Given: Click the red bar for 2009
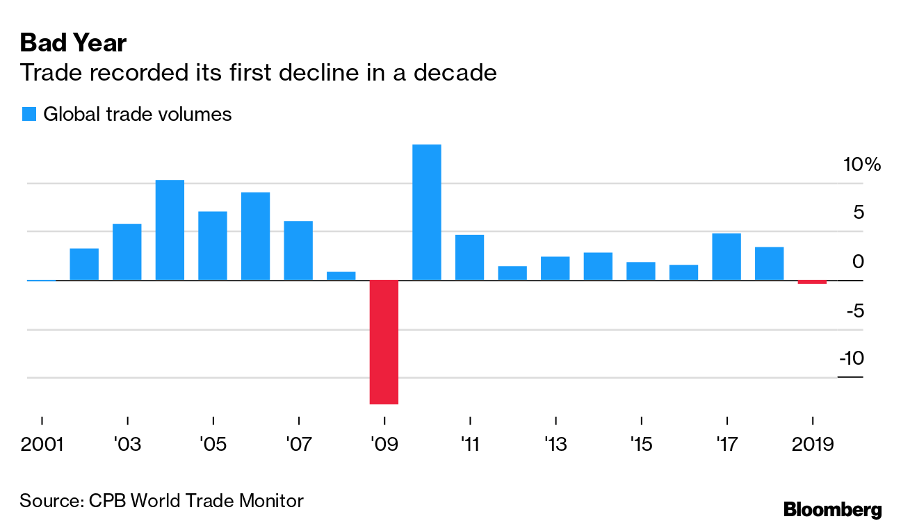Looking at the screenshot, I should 384,342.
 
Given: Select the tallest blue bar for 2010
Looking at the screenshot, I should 427,213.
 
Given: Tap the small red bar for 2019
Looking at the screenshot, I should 812,282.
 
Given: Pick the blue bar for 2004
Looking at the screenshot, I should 170,230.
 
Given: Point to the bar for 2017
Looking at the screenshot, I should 727,257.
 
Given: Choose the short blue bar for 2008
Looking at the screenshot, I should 341,276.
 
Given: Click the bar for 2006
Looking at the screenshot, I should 255,236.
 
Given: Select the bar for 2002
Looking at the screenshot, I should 84,264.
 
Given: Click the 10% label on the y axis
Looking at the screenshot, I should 861,165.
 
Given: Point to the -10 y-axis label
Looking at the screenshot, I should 851,358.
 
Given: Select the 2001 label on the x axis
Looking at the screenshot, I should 42,443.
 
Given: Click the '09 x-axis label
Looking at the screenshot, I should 384,443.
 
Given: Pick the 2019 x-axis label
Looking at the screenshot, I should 812,443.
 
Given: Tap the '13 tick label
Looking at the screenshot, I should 555,443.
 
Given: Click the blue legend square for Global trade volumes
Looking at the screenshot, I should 29,115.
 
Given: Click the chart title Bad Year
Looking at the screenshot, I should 73,43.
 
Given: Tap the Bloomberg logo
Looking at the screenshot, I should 833,509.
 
